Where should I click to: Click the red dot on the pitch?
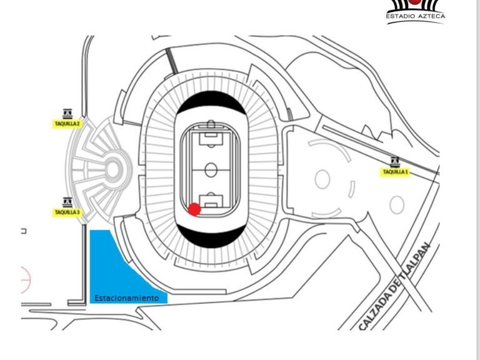[x=194, y=209]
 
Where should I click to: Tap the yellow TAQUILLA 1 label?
[x=396, y=172]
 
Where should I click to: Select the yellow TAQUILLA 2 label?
[x=66, y=124]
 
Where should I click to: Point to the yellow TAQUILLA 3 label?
[x=67, y=212]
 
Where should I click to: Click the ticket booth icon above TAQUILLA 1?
[x=395, y=161]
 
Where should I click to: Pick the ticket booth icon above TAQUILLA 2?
[x=67, y=113]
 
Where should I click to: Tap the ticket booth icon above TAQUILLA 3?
[x=67, y=202]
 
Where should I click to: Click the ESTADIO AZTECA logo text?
[x=415, y=17]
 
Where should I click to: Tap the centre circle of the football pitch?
[x=211, y=169]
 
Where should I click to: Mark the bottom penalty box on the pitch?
[x=211, y=202]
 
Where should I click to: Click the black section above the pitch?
[x=210, y=102]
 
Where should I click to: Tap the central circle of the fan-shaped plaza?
[x=112, y=168]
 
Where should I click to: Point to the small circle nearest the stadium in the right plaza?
[x=322, y=179]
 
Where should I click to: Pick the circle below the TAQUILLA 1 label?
[x=397, y=204]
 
